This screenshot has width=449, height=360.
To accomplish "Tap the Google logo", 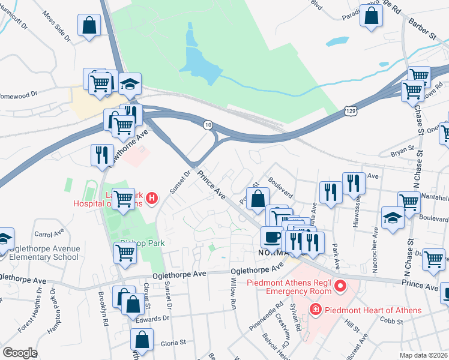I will coord(20,353).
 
